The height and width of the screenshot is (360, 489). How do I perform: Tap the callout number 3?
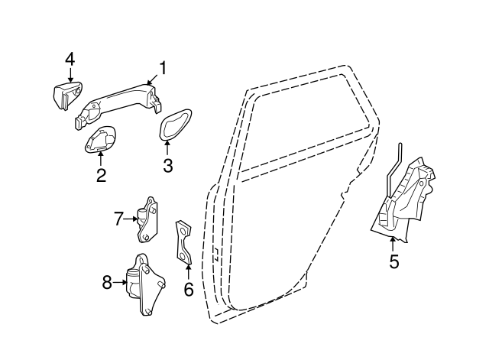coord(167,164)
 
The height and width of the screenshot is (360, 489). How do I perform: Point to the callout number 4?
coord(70,59)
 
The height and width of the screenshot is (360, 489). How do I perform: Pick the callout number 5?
coord(393,261)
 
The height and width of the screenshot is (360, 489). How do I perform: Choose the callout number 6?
coord(188,289)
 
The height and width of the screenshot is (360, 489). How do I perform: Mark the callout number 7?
coord(118,219)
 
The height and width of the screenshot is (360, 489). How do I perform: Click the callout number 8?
coord(107,284)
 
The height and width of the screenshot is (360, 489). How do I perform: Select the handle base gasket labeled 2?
coord(101,141)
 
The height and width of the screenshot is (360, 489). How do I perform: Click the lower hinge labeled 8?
coord(147,284)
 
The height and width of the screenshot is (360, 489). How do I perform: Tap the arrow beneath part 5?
coord(393,244)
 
